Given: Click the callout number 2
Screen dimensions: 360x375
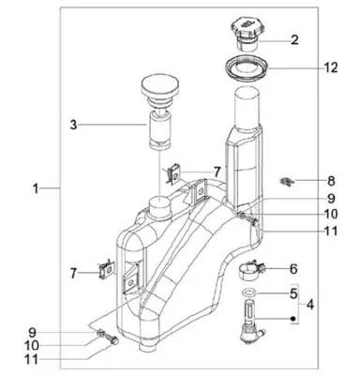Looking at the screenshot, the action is (294, 40).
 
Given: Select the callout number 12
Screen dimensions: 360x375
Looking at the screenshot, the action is (330, 67).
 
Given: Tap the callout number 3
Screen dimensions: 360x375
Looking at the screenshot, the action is (73, 125).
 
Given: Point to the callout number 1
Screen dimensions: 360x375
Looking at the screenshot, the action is (37, 188).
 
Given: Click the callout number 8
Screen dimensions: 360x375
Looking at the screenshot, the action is (331, 181).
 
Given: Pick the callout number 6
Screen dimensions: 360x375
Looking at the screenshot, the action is (293, 269).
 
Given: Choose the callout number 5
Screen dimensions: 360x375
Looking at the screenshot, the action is (293, 293).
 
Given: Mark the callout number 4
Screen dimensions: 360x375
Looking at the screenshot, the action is (310, 304).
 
